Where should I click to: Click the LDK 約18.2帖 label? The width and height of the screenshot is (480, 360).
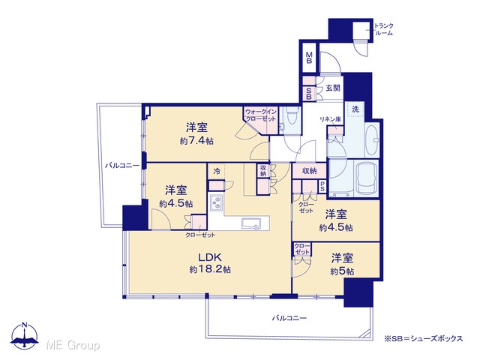point(210,262)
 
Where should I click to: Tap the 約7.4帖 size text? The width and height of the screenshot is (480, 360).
point(196,141)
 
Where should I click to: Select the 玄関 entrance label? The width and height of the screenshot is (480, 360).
point(333,88)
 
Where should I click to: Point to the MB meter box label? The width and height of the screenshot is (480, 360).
point(309,58)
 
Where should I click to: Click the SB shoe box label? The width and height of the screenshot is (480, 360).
point(309,94)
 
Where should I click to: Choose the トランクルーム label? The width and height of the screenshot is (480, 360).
point(383,29)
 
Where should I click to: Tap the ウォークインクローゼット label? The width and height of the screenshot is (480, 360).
point(261,115)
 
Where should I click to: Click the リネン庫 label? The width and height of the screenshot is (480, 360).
point(331,119)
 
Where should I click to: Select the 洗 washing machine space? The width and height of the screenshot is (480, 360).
point(355,109)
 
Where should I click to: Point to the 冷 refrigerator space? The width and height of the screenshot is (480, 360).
point(217,172)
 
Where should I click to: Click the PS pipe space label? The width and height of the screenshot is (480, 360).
point(322,187)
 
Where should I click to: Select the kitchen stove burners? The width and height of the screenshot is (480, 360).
point(217,202)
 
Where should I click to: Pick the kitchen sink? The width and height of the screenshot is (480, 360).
point(251,223)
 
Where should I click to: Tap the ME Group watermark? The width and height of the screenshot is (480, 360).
point(73,345)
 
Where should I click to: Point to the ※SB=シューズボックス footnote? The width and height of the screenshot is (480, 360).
point(423,338)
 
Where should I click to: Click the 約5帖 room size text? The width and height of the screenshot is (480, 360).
point(342,271)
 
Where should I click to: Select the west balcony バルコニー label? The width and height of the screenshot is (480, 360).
point(122,166)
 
